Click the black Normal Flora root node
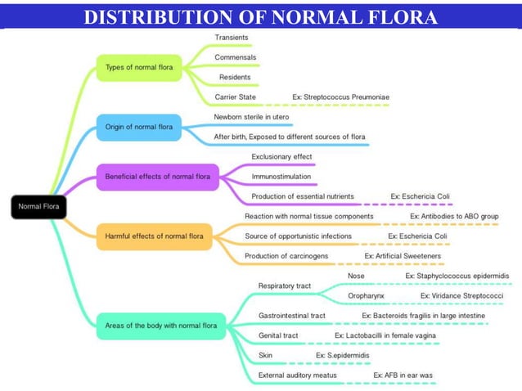tap(37, 206)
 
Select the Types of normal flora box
tap(138, 67)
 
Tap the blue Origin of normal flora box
tap(138, 127)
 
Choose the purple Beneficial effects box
tap(157, 176)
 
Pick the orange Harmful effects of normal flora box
tap(154, 236)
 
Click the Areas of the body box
tap(160, 326)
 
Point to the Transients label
tap(232, 38)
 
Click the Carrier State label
tap(235, 97)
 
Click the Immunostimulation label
tap(281, 176)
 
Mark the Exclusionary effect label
tap(281, 156)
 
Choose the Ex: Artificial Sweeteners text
tap(403, 256)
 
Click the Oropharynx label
tap(366, 295)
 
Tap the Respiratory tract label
tap(284, 285)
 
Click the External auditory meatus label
tap(297, 375)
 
